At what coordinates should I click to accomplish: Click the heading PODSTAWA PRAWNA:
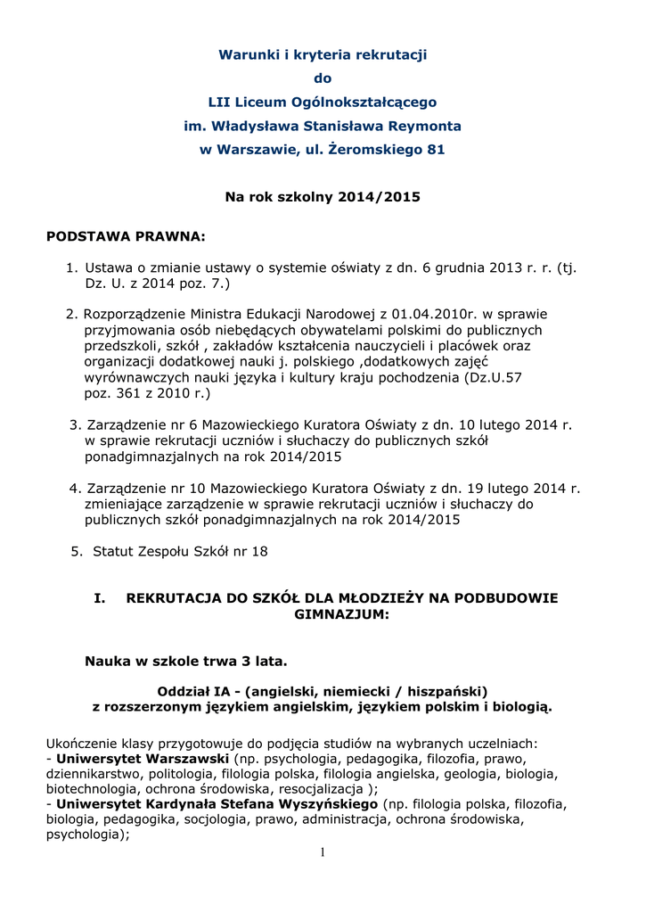coord(126,236)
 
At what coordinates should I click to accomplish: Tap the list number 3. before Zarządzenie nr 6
coord(75,424)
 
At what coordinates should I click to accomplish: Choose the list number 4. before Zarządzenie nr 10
coord(75,488)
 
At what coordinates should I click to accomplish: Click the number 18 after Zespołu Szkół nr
coord(259,551)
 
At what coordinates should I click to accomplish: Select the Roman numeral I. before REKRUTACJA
coord(101,598)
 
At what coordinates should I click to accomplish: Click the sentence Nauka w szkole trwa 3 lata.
coord(186,661)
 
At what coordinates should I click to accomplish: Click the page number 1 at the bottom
coord(323,853)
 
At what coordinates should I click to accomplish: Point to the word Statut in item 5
coord(112,551)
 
